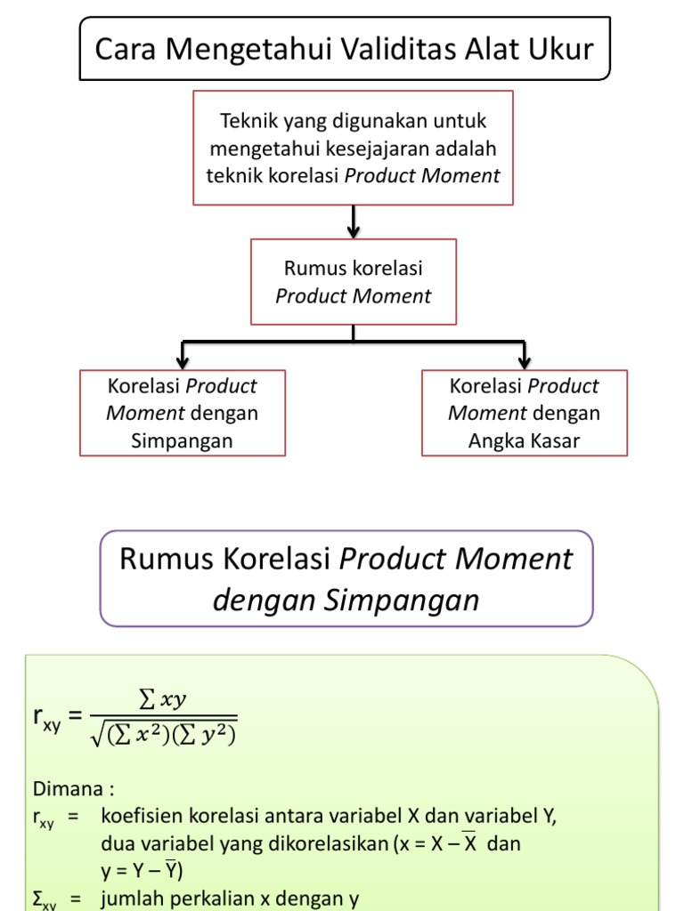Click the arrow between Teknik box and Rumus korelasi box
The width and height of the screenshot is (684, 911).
click(x=354, y=222)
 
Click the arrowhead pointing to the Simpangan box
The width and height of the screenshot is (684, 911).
click(x=183, y=359)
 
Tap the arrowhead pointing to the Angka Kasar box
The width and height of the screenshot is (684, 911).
click(x=525, y=359)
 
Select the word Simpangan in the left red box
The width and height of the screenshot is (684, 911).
click(x=183, y=440)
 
